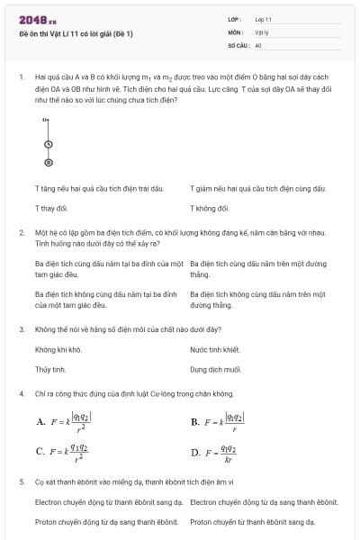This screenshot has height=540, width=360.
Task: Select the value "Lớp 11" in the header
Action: point(264,19)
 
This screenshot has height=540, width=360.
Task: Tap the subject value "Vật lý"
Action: point(263,31)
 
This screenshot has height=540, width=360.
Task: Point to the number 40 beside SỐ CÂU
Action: point(258,44)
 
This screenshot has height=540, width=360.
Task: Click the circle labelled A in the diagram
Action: point(48,144)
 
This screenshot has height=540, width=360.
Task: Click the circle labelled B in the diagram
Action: point(48,162)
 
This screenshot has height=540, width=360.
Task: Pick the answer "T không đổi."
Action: point(210,208)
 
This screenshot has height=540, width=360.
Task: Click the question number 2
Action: point(21,232)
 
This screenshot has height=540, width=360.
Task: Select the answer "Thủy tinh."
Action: point(50,369)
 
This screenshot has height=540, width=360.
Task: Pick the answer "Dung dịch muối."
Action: point(216,369)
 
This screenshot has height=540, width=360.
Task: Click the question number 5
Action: point(21,481)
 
